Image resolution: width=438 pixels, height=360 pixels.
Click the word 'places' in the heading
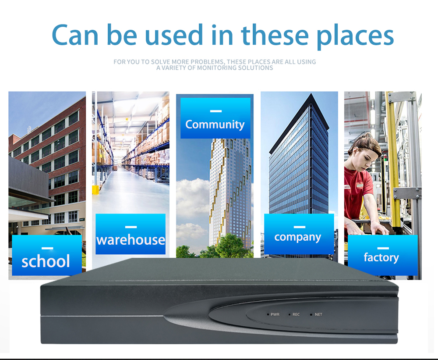click(355, 36)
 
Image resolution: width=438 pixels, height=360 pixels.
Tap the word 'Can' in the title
click(75, 35)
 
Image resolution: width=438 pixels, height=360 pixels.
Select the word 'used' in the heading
click(173, 35)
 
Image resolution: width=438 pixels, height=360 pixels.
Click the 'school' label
click(46, 261)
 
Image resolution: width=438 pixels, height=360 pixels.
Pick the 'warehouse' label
click(131, 240)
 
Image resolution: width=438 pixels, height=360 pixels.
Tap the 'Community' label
click(215, 125)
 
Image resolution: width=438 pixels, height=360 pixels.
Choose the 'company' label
click(297, 237)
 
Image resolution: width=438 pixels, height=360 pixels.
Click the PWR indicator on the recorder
click(273, 314)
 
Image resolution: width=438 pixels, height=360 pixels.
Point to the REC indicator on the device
click(294, 314)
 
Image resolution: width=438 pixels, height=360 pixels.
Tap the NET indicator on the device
click(316, 314)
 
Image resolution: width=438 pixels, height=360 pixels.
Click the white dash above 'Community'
click(216, 111)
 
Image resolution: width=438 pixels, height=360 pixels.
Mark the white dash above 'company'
click(300, 227)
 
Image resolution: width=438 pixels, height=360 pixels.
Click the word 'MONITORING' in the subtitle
click(217, 68)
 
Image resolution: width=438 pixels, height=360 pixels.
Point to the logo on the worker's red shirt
click(359, 185)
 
